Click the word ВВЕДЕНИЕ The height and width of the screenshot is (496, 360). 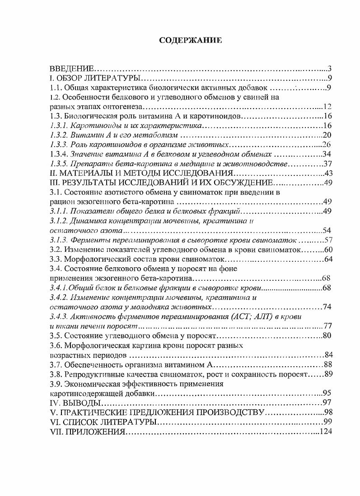71,69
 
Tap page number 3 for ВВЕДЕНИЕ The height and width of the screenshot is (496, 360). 330,69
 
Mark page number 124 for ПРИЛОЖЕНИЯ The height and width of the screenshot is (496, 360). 326,431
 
